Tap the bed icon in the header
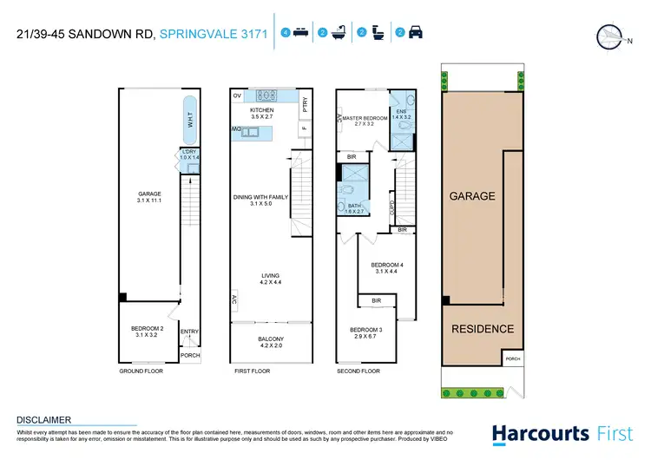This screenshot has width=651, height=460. (301, 34)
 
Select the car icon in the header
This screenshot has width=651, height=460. (416, 34)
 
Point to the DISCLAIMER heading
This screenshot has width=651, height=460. (43, 419)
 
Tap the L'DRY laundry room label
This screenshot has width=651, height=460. (190, 155)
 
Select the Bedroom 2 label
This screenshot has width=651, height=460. (147, 330)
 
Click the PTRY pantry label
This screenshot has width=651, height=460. (305, 105)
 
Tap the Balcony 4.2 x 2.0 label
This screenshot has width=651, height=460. (268, 342)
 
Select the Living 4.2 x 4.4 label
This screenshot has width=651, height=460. (269, 279)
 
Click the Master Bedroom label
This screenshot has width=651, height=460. (365, 121)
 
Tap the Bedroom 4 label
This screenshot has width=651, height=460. (388, 267)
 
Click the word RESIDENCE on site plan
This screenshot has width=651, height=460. (483, 329)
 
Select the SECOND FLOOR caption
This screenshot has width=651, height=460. (358, 371)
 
